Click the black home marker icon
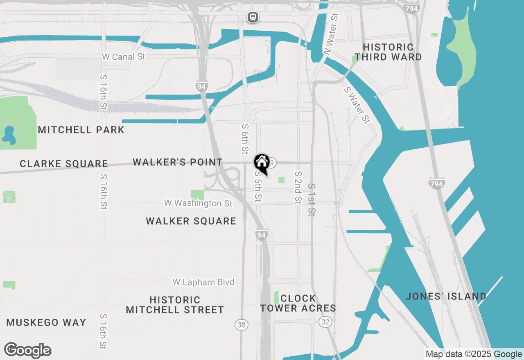click(x=262, y=163)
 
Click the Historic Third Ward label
click(x=388, y=52)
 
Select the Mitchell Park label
click(x=81, y=130)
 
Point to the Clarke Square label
click(x=64, y=164)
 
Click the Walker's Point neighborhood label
click(x=178, y=162)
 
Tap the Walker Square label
click(x=191, y=221)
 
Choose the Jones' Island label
click(x=446, y=296)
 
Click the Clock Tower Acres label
click(x=298, y=303)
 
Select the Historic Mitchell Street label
click(x=175, y=305)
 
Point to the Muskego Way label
click(x=47, y=322)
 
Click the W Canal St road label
click(x=124, y=57)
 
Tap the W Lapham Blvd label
click(x=203, y=282)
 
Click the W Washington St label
click(x=198, y=203)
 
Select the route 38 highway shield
click(x=242, y=325)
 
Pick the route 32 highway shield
click(x=325, y=322)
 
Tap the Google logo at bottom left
click(x=28, y=351)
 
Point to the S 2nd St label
click(x=298, y=188)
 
